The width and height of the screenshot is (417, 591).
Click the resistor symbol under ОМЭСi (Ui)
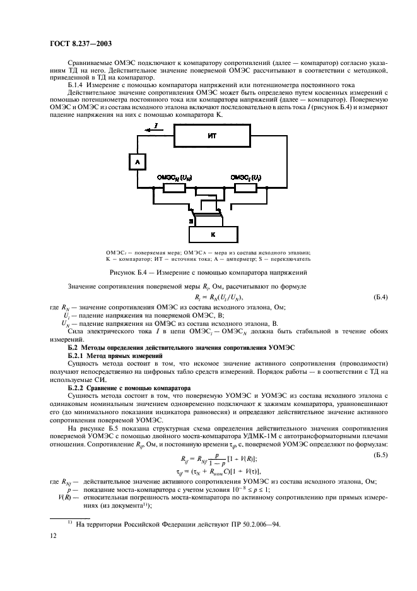point(244,188)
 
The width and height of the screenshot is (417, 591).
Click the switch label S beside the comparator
point(191,222)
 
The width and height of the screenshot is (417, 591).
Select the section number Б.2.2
point(78,388)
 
